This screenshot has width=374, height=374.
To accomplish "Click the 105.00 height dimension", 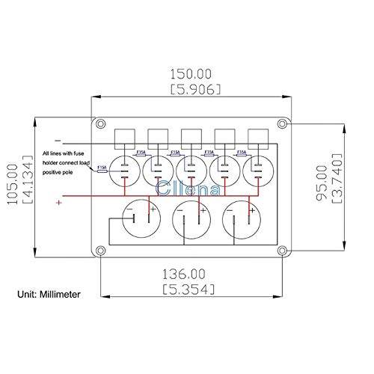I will [x=10, y=177].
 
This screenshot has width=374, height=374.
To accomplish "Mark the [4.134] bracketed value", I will [x=24, y=177].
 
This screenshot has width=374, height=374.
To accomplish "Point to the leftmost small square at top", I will [x=123, y=137].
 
